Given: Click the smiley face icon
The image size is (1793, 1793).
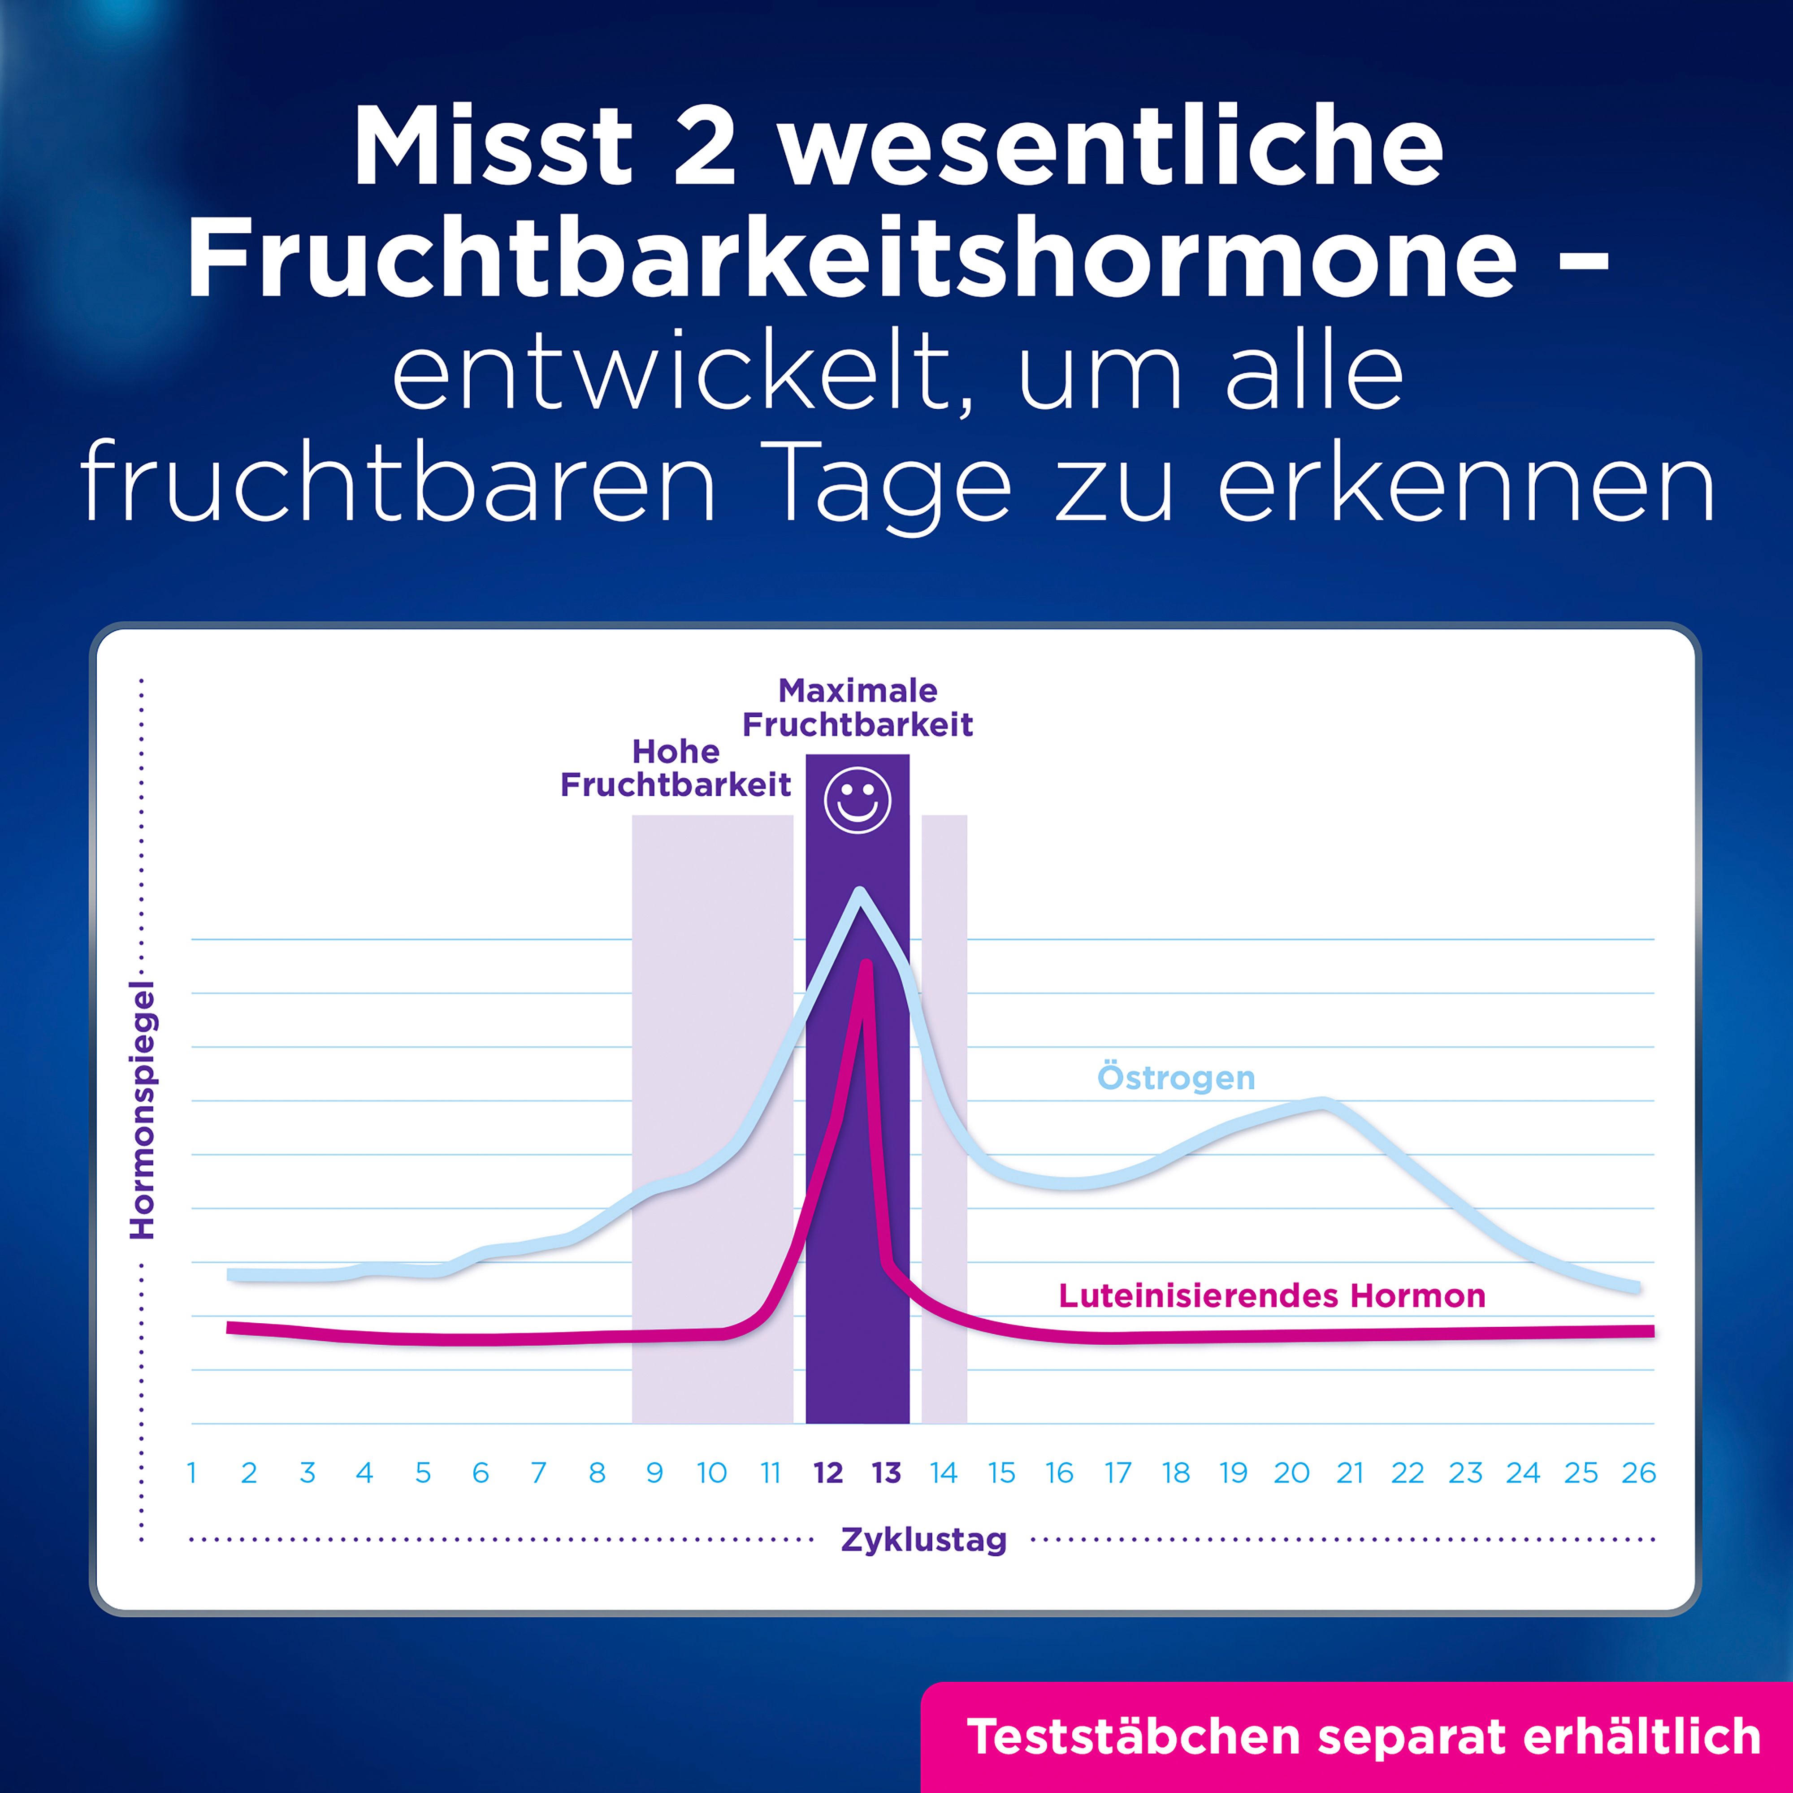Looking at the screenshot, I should pos(858,800).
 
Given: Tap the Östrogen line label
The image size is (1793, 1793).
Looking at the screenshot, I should pos(1176,1078).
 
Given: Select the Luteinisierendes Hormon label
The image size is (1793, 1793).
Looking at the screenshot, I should pos(1271,1295).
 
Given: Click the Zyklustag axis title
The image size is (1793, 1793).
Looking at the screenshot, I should pos(923,1540).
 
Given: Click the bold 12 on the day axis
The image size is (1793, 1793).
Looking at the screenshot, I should pos(828,1473).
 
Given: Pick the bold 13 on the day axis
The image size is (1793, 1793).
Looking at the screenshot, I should pos(886,1473).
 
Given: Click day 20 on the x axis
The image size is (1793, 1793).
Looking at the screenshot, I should pos(1291,1473).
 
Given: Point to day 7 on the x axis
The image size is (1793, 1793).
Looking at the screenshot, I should pos(538,1473).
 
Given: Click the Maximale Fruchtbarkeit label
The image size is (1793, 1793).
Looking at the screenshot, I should pos(858,707).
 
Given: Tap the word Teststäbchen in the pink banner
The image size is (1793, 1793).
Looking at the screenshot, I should pos(1132,1737).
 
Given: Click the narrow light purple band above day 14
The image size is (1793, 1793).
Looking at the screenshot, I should pos(944,1113).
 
